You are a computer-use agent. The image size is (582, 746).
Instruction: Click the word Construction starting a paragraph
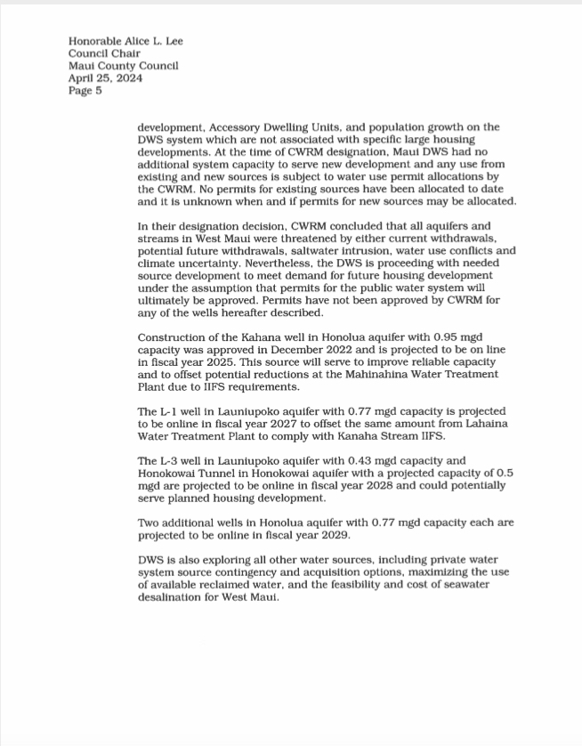(173, 337)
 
